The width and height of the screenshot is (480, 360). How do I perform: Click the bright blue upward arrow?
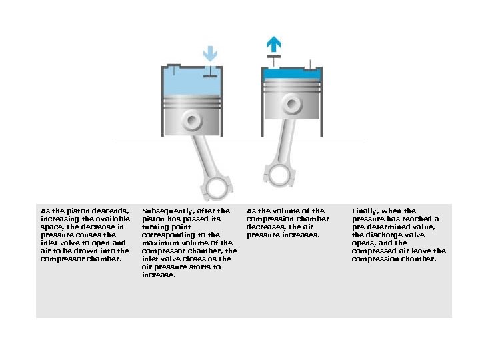click(x=273, y=44)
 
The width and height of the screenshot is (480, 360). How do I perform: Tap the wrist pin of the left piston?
click(x=192, y=121)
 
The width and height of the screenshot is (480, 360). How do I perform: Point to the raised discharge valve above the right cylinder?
click(x=273, y=59)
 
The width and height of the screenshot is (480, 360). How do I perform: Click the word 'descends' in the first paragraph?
click(x=112, y=211)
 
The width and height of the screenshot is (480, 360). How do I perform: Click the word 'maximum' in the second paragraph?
click(x=158, y=243)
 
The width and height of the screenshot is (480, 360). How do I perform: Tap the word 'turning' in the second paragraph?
click(x=155, y=227)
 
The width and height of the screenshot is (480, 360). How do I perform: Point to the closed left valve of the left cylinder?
click(x=173, y=69)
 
